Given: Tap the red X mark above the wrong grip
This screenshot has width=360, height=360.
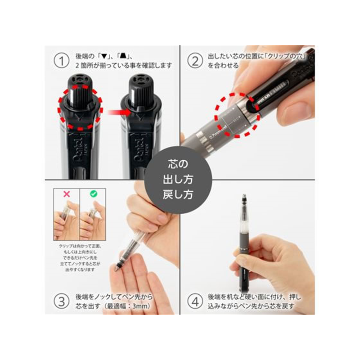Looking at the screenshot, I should [67, 193].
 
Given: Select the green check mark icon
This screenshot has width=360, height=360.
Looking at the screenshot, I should [93, 193].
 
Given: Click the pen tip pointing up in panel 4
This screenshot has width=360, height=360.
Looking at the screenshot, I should [244, 198].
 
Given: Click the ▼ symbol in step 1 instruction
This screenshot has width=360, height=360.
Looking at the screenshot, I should [104, 57].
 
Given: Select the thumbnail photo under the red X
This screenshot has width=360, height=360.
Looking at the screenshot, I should [67, 219].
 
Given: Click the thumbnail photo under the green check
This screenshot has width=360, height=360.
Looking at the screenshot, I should [93, 219].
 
